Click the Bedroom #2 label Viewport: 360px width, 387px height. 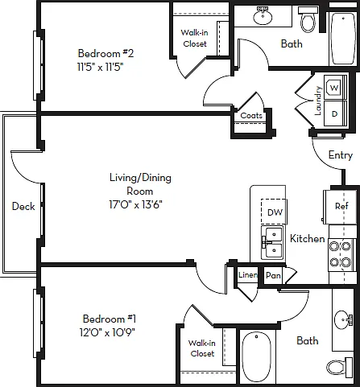[106, 53]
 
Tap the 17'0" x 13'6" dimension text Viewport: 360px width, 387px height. [135, 205]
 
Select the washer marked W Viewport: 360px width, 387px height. [334, 88]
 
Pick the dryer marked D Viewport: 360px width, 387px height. [335, 113]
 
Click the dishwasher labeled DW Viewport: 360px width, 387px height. [273, 212]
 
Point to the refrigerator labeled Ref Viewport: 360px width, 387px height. [341, 207]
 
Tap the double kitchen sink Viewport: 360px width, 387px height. [272, 242]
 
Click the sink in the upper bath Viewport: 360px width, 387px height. [263, 16]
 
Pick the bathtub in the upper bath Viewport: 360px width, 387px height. [342, 39]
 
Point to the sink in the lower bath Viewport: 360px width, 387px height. [343, 319]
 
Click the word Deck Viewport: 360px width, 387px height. [23, 206]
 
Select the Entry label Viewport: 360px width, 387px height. [341, 155]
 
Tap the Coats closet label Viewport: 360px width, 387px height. [251, 116]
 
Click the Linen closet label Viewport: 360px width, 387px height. [248, 275]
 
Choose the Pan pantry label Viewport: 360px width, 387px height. [273, 275]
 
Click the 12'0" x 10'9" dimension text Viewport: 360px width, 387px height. [107, 333]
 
